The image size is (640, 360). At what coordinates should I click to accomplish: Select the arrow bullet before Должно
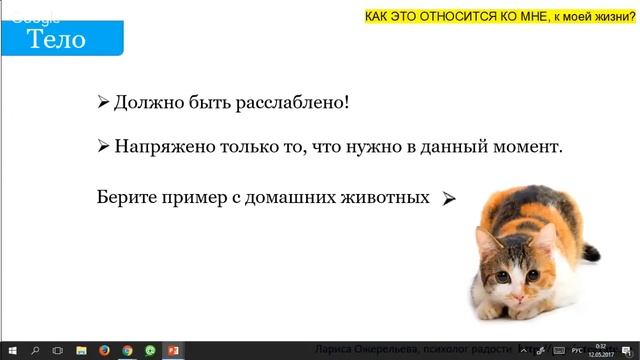tap(103, 103)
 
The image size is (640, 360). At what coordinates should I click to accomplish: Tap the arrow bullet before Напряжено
tap(103, 146)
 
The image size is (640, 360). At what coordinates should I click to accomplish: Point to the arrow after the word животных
tap(449, 199)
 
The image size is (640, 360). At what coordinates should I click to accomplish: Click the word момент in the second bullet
tap(530, 146)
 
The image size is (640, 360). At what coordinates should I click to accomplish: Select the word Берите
tap(128, 197)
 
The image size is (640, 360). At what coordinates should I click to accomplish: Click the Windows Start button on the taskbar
tap(11, 351)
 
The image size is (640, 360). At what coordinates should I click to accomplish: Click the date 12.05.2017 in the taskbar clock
tap(600, 355)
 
